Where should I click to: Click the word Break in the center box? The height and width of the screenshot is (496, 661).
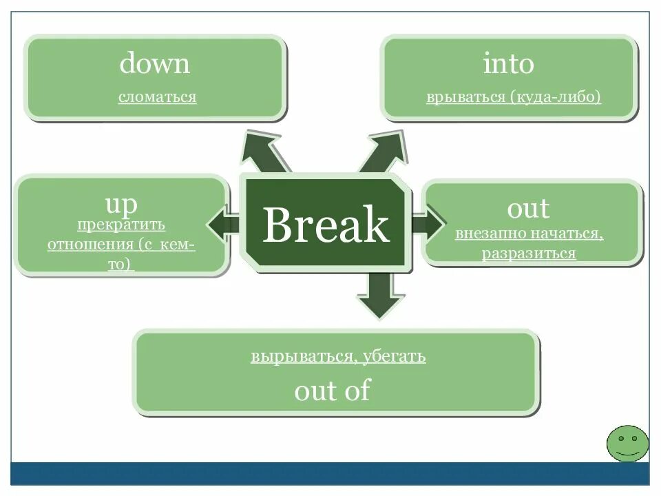[325, 225]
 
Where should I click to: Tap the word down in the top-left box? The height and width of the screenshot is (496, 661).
[154, 64]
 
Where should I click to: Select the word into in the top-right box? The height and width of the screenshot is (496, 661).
[508, 64]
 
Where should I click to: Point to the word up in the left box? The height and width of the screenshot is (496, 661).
[121, 204]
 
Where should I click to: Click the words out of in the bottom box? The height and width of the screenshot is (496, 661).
[332, 391]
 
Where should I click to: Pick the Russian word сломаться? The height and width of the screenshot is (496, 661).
[157, 96]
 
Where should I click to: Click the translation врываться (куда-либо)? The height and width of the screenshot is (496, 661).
[514, 96]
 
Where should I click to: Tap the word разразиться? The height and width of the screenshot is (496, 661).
[528, 254]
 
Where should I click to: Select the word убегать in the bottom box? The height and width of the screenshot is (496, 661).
[395, 357]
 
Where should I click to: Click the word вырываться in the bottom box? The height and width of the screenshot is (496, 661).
[303, 357]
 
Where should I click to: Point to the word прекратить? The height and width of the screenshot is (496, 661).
[121, 225]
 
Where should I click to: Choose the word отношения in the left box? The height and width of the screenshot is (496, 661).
[91, 245]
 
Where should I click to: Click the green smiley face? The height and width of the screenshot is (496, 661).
[627, 443]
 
